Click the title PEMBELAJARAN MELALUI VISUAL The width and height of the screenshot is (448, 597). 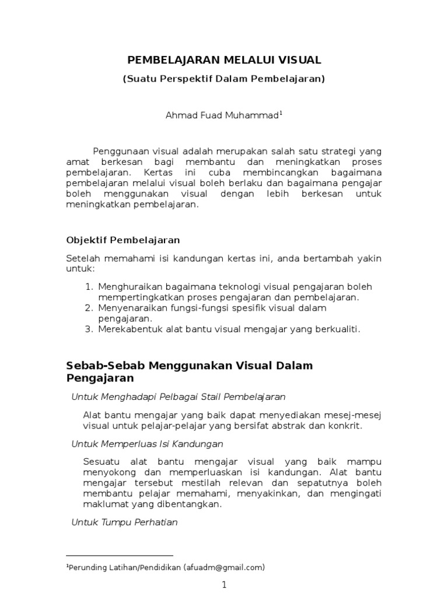click(x=224, y=59)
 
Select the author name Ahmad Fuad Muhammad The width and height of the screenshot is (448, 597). click(x=222, y=115)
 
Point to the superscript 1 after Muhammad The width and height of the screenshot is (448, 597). click(x=280, y=113)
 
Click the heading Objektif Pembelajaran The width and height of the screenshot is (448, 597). click(x=123, y=240)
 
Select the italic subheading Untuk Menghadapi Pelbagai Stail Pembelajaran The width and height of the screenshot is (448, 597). click(x=178, y=397)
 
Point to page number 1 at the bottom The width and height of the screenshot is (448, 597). click(x=223, y=585)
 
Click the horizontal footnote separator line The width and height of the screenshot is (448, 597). click(x=120, y=556)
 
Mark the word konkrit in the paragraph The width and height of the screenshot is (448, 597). click(x=347, y=425)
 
